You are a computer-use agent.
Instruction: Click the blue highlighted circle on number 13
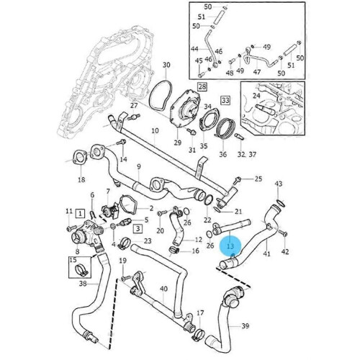[x=230, y=246]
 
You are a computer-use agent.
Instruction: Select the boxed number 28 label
[x=202, y=86]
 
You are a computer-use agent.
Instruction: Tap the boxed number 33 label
[x=225, y=100]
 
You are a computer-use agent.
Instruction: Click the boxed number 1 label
[x=80, y=213]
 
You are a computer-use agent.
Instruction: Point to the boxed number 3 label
[x=138, y=228]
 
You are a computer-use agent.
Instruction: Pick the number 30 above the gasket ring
[x=166, y=65]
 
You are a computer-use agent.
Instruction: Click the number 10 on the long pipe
[x=155, y=131]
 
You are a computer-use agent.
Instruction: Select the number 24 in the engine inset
[x=256, y=96]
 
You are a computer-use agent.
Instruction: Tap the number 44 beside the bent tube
[x=194, y=49]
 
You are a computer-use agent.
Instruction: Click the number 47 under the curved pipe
[x=257, y=72]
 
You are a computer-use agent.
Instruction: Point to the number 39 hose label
[x=245, y=325]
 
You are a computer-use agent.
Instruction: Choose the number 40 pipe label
[x=163, y=289]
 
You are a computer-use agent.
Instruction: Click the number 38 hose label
[x=83, y=284]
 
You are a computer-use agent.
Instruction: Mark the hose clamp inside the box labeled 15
[x=82, y=270]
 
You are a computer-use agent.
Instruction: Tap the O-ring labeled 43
[x=281, y=203]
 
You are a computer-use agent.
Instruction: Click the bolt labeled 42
[x=283, y=233]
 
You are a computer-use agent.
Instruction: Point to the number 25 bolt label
[x=258, y=179]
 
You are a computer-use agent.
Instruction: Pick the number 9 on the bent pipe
[x=139, y=166]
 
